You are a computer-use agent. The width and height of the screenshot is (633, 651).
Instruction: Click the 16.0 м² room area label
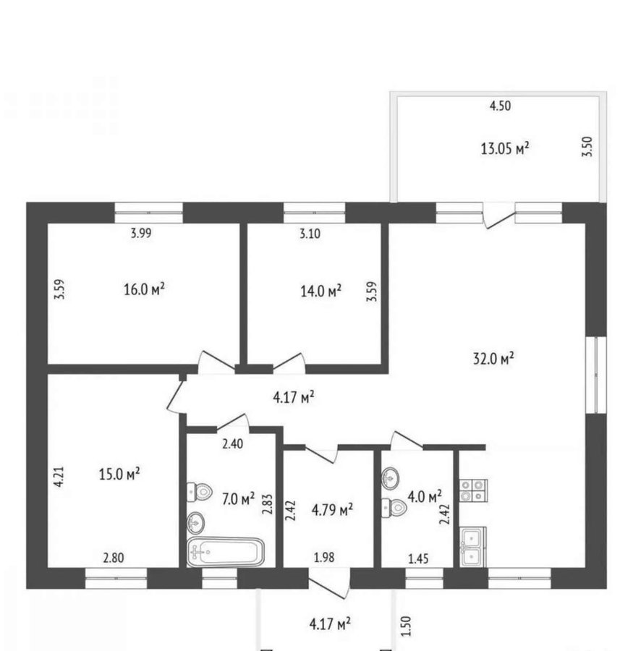[x=144, y=289]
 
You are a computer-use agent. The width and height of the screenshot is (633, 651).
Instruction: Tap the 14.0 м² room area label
[x=320, y=291]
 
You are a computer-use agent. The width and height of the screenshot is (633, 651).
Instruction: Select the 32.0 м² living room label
[x=493, y=358]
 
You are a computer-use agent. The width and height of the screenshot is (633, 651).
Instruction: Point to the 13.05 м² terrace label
[x=505, y=148]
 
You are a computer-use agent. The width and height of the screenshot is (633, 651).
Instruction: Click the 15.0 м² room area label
[x=119, y=474]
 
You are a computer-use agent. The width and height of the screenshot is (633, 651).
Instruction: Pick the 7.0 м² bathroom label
[x=238, y=498]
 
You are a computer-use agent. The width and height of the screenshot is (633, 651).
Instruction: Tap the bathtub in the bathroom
[x=226, y=552]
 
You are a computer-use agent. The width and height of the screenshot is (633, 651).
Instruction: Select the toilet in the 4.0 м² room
[x=394, y=507]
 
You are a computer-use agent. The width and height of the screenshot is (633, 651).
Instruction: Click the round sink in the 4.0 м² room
[x=391, y=478]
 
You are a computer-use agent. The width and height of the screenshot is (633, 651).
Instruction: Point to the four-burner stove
[x=473, y=490]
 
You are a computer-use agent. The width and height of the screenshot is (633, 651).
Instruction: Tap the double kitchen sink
[x=472, y=548]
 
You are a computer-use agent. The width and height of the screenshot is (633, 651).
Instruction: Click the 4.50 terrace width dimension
[x=500, y=106]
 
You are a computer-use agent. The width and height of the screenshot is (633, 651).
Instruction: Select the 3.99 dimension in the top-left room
[x=141, y=233]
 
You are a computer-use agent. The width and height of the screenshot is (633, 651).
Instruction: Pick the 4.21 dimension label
[x=59, y=477]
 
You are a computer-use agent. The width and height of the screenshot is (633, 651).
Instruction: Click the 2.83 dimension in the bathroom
[x=267, y=504]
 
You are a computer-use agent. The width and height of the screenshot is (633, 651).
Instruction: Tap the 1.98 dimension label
[x=324, y=557]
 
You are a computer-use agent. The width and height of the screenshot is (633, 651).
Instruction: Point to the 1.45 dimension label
[x=418, y=559]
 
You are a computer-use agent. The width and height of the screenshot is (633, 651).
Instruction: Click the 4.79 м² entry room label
[x=332, y=509]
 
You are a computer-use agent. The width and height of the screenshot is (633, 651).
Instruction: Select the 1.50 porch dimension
[x=407, y=626]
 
